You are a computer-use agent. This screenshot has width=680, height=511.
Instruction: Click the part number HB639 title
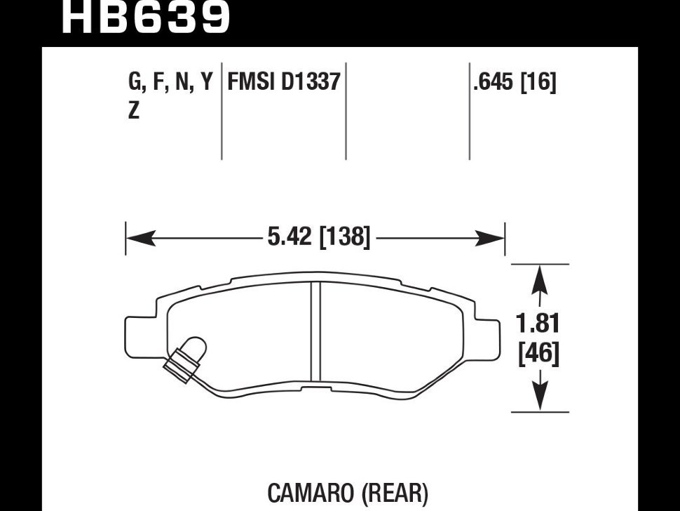coord(146,17)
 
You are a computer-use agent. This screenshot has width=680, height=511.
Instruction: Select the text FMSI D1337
coord(283,83)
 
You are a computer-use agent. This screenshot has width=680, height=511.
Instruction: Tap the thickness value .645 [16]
coord(515,83)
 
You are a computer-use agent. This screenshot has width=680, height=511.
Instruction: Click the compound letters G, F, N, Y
coord(169,83)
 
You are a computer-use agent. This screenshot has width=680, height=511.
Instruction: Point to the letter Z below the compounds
coord(133,110)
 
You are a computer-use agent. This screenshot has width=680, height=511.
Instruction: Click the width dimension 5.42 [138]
coord(318,237)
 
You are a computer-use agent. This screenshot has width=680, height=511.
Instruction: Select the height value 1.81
coord(538,324)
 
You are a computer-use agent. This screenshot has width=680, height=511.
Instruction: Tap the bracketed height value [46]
coord(538,353)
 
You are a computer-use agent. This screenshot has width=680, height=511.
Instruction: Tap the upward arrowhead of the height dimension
coord(538,279)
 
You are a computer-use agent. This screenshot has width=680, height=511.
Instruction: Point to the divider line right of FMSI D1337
coord(346,112)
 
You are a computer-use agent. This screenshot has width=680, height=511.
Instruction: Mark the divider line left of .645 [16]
coord(469,112)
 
